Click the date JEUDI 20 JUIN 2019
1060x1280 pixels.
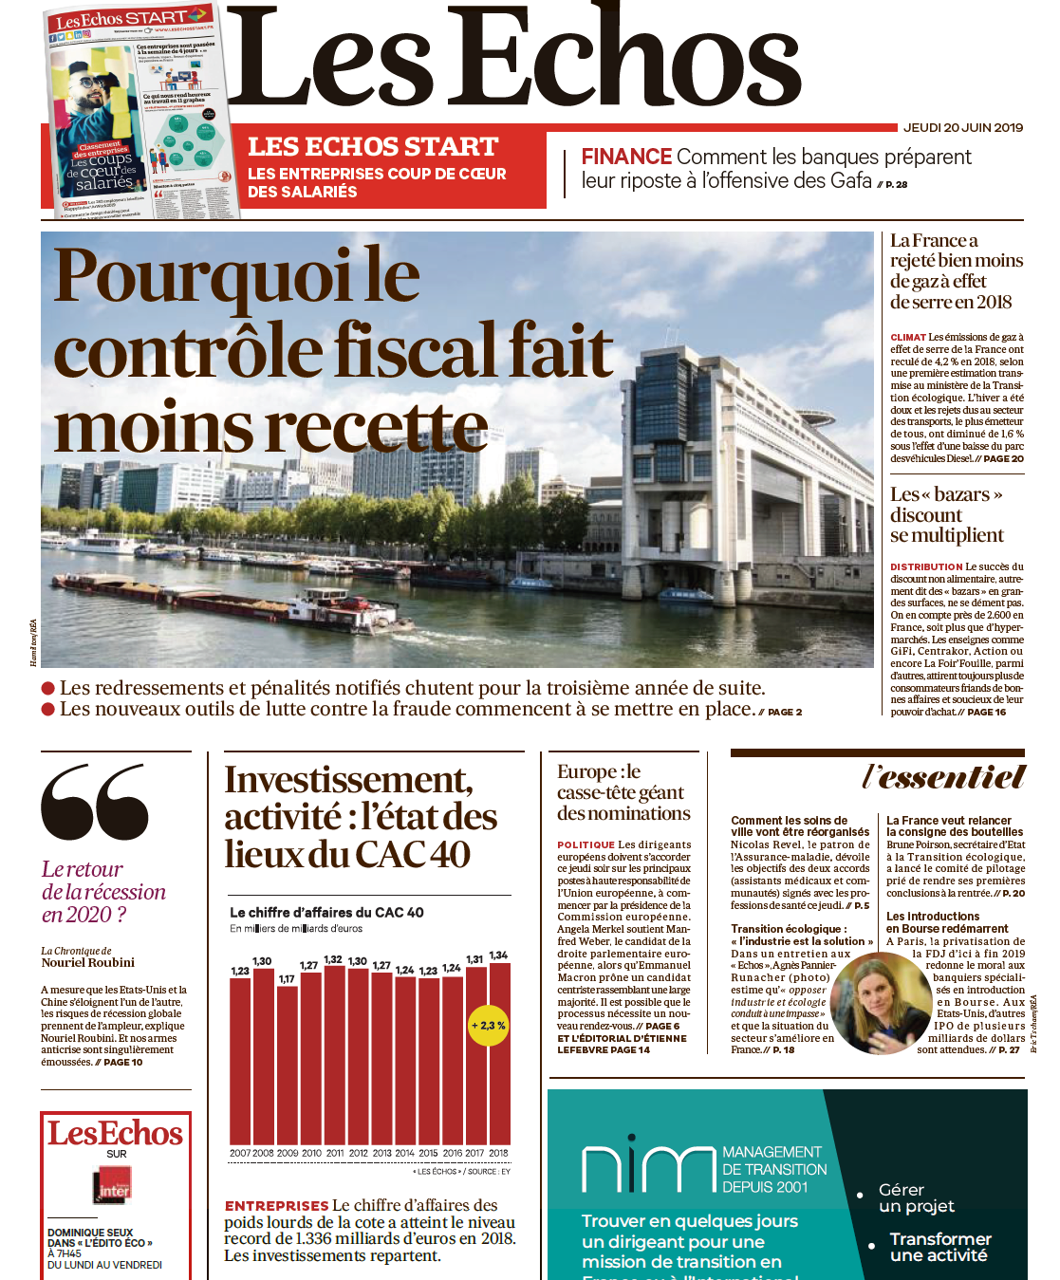pyautogui.click(x=962, y=127)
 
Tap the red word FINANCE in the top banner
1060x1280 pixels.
pyautogui.click(x=626, y=157)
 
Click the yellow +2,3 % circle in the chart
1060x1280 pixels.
pyautogui.click(x=489, y=1025)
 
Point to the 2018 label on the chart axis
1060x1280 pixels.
pyautogui.click(x=499, y=1153)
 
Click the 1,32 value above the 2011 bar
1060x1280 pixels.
pyautogui.click(x=333, y=959)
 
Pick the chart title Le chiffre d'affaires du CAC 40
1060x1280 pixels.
pyautogui.click(x=326, y=912)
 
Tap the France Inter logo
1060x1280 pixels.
pyautogui.click(x=115, y=1186)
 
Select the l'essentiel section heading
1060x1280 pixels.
pyautogui.click(x=943, y=777)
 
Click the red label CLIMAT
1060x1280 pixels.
pyautogui.click(x=908, y=337)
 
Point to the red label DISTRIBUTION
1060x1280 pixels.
pyautogui.click(x=926, y=566)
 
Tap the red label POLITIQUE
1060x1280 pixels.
pyautogui.click(x=586, y=844)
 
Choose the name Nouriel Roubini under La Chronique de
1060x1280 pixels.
pyautogui.click(x=88, y=962)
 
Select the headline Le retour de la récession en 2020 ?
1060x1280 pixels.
pyautogui.click(x=103, y=891)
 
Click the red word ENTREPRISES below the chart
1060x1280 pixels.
pyautogui.click(x=276, y=1206)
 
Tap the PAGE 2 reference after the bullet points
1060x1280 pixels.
pyautogui.click(x=785, y=712)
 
